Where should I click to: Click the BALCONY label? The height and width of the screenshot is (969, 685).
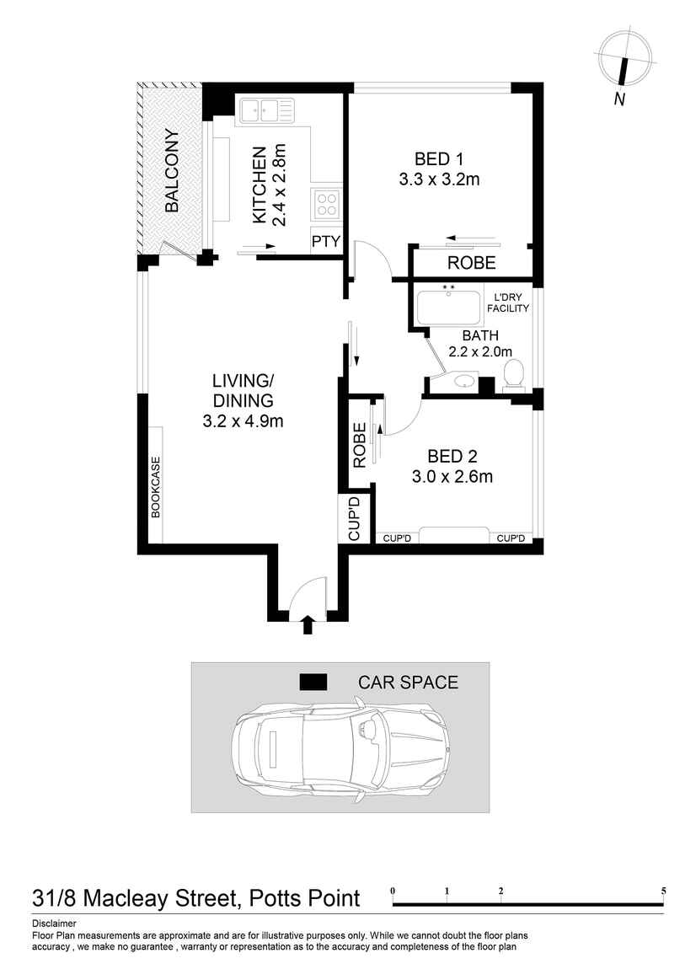click(x=172, y=170)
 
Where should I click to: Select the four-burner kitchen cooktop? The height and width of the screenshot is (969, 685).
click(x=327, y=203)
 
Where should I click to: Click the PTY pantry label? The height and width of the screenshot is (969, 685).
click(x=325, y=242)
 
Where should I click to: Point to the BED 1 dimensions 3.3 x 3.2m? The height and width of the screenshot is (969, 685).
click(x=439, y=179)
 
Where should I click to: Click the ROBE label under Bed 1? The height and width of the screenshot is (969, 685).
click(x=471, y=263)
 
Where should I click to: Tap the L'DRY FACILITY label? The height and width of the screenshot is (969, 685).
click(x=509, y=303)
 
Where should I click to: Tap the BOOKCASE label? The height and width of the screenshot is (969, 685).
click(x=156, y=487)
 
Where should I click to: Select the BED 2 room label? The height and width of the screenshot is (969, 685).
click(x=452, y=457)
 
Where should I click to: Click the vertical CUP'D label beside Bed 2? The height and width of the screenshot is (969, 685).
click(x=354, y=518)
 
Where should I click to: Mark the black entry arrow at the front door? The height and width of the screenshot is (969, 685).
click(x=308, y=624)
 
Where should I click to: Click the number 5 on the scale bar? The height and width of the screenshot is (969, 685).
click(x=664, y=891)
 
